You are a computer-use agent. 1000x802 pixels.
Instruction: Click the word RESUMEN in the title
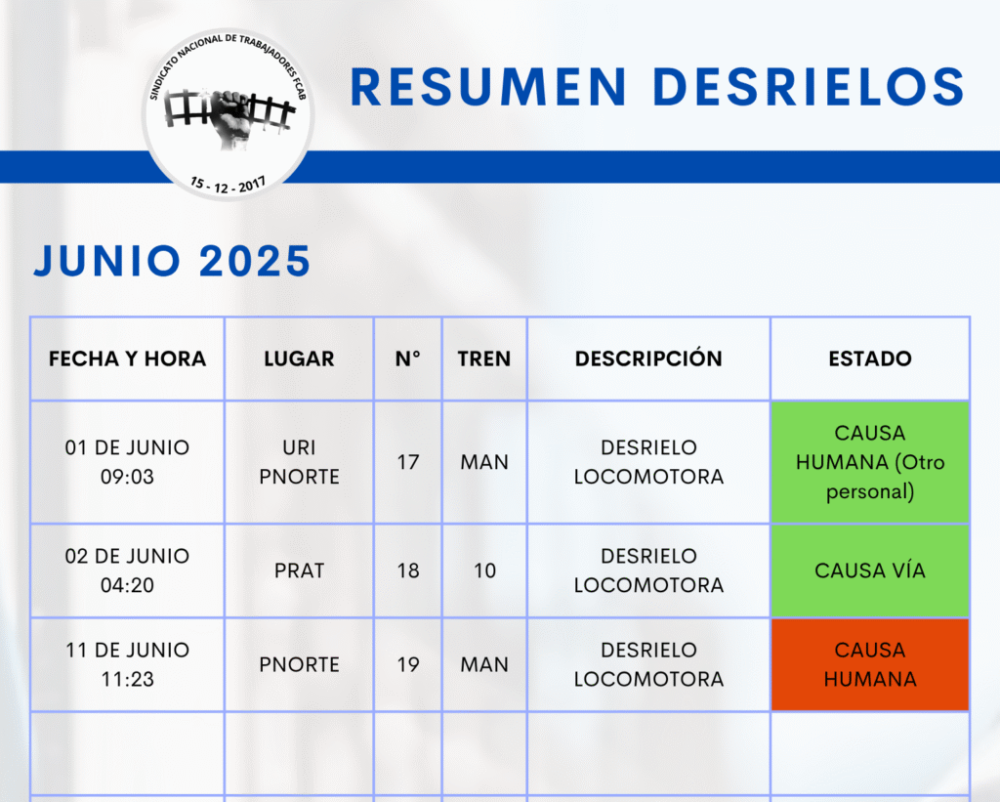coord(488,87)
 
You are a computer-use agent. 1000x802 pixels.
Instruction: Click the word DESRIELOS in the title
coord(809,87)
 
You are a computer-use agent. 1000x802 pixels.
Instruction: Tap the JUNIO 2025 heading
coord(172,261)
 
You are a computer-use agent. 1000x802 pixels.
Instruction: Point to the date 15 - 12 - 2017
coord(228,185)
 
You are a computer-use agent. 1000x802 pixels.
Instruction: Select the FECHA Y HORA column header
coord(128,359)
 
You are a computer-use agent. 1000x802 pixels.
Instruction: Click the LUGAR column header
coord(299,359)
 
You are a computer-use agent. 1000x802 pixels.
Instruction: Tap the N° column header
coord(408,359)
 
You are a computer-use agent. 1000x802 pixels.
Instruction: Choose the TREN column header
coord(484,359)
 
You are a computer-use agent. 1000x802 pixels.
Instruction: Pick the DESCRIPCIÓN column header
coord(648,358)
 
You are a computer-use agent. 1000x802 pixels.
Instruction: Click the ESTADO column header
coord(870,359)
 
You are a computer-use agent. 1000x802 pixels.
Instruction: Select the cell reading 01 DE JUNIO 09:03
coord(128,462)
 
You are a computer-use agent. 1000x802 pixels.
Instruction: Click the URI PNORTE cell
coord(299,462)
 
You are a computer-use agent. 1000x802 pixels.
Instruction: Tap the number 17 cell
coord(408,462)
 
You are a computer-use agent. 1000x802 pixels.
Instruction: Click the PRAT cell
coord(299,570)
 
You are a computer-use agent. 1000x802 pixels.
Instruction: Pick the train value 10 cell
coord(484,570)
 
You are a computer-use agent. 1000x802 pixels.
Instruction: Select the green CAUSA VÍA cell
coord(870,570)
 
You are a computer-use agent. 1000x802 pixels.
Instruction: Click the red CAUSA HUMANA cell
coord(870,664)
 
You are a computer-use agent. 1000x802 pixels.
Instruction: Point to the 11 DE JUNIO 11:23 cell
coord(128,664)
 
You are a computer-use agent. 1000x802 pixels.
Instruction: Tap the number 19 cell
coord(408,665)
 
